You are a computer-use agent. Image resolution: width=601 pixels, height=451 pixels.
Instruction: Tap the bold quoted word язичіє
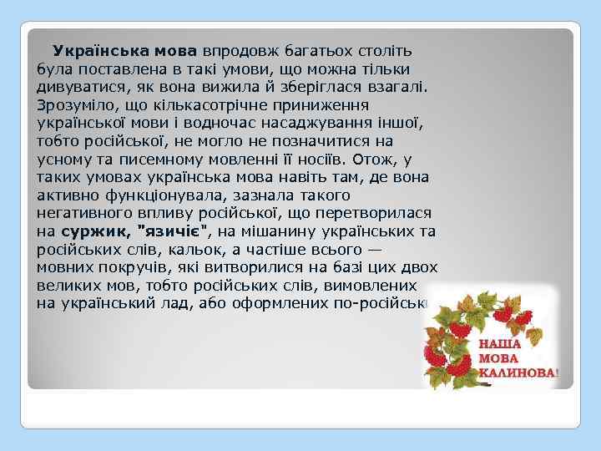tap(175, 231)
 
